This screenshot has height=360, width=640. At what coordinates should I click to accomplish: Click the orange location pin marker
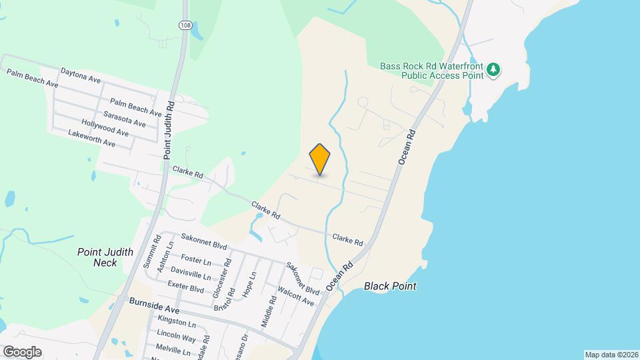[320, 159]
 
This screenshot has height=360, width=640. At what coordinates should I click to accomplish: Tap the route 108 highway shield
[185, 25]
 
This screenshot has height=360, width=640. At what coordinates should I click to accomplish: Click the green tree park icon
[493, 69]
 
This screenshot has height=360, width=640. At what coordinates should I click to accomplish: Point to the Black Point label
[390, 286]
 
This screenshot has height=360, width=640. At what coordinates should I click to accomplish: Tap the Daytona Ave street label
[80, 75]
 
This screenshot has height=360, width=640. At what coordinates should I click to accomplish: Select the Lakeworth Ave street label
[92, 139]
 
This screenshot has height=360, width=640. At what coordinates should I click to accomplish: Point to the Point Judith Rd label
[169, 130]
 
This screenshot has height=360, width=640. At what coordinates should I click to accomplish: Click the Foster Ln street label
[196, 259]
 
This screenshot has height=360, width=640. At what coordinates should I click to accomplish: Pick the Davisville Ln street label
[191, 273]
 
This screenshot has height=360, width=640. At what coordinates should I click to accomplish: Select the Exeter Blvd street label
[186, 287]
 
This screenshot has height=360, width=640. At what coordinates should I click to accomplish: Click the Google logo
[21, 351]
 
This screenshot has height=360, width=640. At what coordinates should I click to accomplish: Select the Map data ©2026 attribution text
[610, 355]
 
